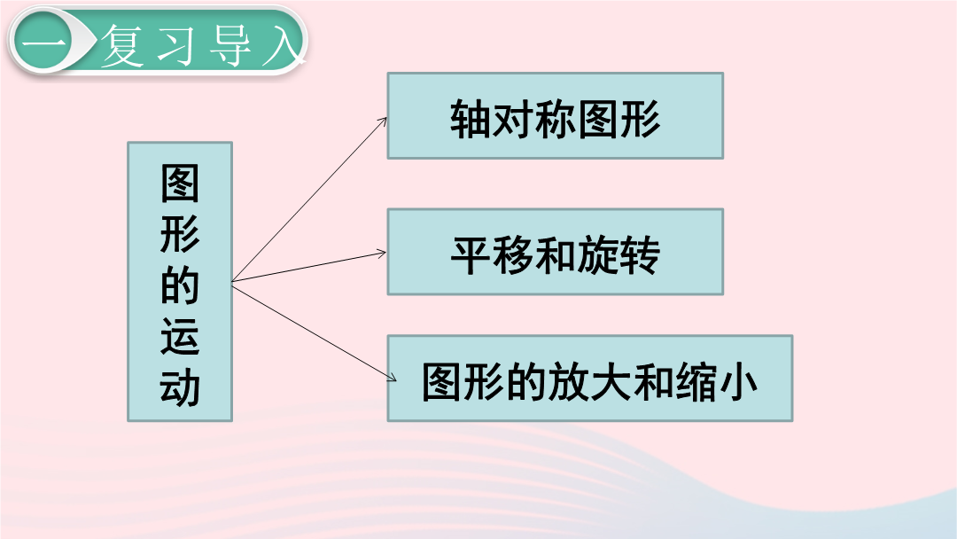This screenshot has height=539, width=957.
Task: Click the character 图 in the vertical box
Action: click(x=180, y=184)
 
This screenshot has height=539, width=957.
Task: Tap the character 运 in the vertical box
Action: click(x=180, y=336)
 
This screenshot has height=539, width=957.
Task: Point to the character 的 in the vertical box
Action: click(x=180, y=285)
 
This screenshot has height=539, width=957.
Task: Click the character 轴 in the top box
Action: click(x=471, y=118)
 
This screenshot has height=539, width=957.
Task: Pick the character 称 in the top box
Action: click(x=556, y=118)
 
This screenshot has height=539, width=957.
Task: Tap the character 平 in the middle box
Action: click(x=471, y=254)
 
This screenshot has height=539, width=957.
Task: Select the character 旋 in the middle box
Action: click(x=597, y=254)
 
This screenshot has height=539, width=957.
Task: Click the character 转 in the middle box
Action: click(x=640, y=254)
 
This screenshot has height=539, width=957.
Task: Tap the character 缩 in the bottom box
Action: click(x=696, y=382)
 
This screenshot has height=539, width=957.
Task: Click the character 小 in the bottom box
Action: click(x=737, y=382)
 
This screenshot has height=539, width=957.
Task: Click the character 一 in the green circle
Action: click(x=43, y=43)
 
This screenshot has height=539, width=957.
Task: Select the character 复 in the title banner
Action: click(x=123, y=44)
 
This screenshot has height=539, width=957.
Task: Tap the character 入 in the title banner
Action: click(x=284, y=44)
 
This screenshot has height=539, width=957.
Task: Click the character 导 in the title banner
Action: click(x=230, y=44)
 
